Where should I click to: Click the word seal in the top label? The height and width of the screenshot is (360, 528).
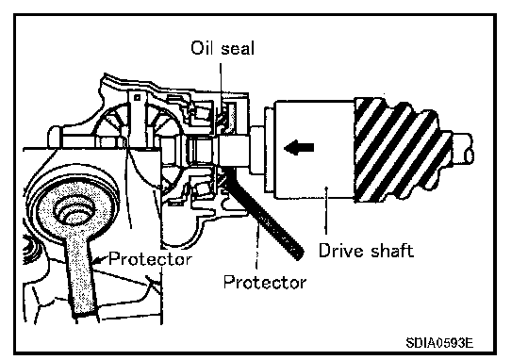[238, 48]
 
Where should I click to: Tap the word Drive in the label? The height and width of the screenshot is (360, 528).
[339, 251]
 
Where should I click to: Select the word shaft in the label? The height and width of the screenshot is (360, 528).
[392, 251]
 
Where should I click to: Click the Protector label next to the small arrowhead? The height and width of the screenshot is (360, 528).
[150, 259]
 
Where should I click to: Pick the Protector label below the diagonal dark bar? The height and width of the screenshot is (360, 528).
[265, 282]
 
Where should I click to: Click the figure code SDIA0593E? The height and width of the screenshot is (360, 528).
[439, 342]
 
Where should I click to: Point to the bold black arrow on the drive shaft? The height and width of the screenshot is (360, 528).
[299, 148]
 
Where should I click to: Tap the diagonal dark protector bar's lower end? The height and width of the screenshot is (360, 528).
[298, 254]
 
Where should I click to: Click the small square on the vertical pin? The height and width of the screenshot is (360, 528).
[137, 98]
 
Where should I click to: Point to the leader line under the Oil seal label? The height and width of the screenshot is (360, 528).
[221, 82]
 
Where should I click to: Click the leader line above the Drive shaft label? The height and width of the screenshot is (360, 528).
[326, 210]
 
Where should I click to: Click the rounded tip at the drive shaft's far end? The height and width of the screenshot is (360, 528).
[469, 155]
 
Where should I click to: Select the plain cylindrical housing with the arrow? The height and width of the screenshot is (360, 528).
[314, 149]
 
